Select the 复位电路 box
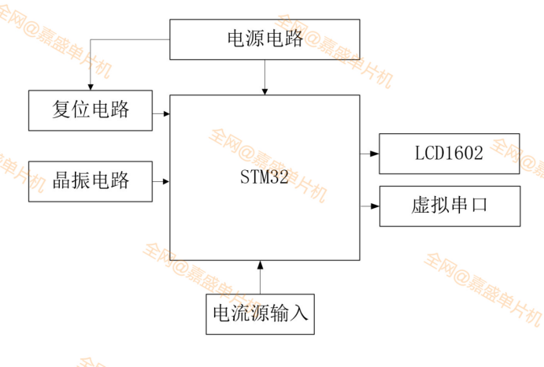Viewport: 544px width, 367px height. [91, 110]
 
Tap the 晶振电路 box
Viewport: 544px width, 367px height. [91, 180]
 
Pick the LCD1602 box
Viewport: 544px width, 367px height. [450, 154]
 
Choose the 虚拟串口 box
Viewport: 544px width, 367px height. [450, 206]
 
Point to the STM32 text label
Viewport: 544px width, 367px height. [265, 176]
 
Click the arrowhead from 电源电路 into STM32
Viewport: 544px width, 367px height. [265, 91]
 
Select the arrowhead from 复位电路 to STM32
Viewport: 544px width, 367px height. [166, 114]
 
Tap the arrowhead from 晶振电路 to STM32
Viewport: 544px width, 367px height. [166, 182]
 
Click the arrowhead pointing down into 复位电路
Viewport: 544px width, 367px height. [91, 86]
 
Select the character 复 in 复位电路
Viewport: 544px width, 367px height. [61, 109]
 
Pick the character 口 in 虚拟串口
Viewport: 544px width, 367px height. [479, 206]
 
